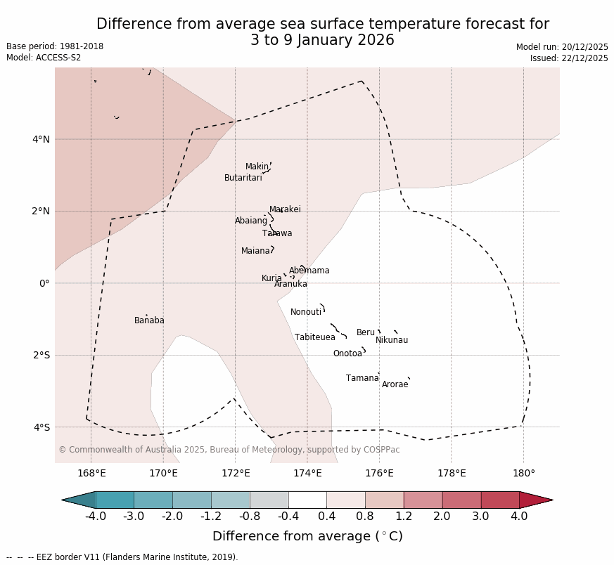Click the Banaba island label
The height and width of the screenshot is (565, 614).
pyautogui.click(x=149, y=320)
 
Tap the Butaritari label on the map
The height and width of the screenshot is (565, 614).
pyautogui.click(x=243, y=178)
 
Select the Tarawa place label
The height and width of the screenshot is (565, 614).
pyautogui.click(x=277, y=233)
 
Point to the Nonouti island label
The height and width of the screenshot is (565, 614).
pyautogui.click(x=306, y=312)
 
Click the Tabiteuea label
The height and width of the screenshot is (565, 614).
pyautogui.click(x=314, y=337)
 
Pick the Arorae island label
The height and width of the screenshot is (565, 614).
pyautogui.click(x=395, y=384)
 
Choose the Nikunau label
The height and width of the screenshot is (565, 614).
pyautogui.click(x=391, y=340)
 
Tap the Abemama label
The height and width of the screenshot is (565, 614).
pyautogui.click(x=309, y=271)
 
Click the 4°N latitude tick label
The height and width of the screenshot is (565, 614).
pyautogui.click(x=41, y=139)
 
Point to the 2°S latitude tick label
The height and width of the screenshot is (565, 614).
pyautogui.click(x=41, y=355)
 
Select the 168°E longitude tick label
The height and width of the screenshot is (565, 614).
pyautogui.click(x=91, y=473)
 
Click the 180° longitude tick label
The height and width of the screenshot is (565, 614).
pyautogui.click(x=523, y=473)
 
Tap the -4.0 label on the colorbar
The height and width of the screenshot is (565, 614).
pyautogui.click(x=96, y=517)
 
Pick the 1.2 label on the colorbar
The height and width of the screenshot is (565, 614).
pyautogui.click(x=404, y=517)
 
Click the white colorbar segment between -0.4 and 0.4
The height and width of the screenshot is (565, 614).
pyautogui.click(x=307, y=500)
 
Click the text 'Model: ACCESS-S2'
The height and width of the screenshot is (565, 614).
pyautogui.click(x=44, y=58)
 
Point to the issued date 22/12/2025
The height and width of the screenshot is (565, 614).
pyautogui.click(x=569, y=58)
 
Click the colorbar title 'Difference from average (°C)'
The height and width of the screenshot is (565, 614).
pyautogui.click(x=307, y=536)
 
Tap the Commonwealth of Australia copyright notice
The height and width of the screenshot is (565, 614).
pyautogui.click(x=229, y=450)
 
